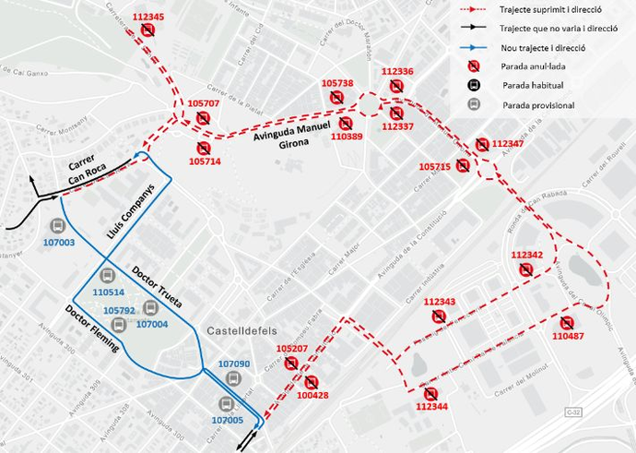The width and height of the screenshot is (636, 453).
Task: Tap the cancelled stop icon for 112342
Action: pos(525,269)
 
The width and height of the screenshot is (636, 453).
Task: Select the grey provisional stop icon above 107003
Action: pos(57,225)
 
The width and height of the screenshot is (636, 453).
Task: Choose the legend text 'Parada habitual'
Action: pos(533,85)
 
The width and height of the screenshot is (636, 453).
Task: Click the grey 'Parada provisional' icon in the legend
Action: pos(474,104)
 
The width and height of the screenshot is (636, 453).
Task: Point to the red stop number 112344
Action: pos(431,406)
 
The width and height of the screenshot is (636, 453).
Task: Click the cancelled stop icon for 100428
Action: pos(311,382)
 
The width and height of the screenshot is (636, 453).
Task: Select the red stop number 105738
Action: pos(337,84)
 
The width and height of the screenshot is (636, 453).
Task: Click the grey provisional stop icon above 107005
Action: pos(225,404)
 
